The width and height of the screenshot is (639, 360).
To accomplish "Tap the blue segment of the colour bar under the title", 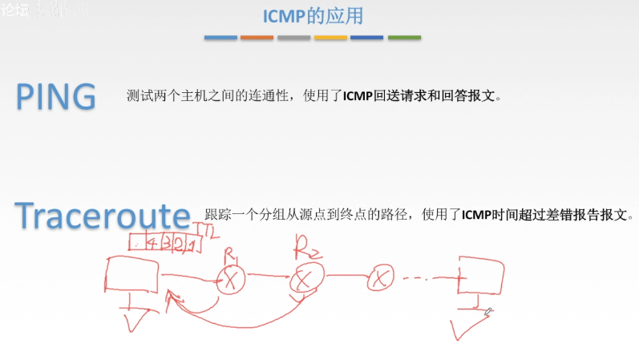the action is coord(220,37).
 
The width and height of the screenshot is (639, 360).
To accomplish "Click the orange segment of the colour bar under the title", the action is coord(257,37).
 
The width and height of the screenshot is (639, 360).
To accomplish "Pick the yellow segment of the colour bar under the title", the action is coord(330,37).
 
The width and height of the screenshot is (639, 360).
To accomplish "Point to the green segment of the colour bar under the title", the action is coord(404,37).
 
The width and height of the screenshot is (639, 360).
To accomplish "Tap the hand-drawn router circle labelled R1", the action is coord(232,280).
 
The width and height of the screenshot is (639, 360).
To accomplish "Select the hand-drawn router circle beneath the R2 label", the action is coord(303,279).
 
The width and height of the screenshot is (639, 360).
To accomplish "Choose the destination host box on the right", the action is coord(481,275).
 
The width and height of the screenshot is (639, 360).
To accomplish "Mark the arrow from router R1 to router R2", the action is coord(267,277).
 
